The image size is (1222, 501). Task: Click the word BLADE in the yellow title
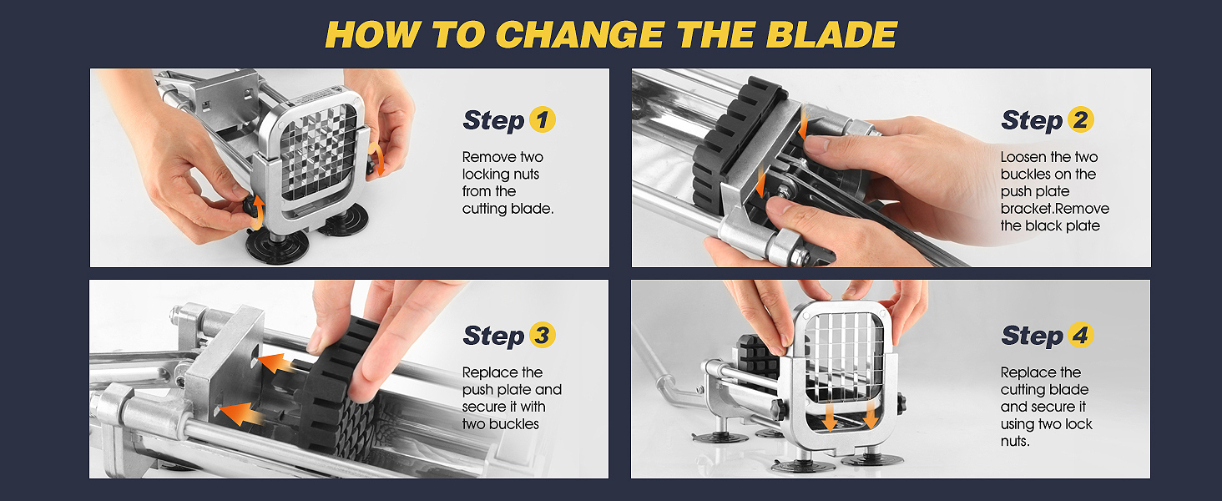pos(831,35)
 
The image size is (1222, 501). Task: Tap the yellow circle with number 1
pos(542,120)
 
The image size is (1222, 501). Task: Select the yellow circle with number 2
pos(1080,120)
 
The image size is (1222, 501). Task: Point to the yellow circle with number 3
pos(542,335)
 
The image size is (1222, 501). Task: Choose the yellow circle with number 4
pos(1080,335)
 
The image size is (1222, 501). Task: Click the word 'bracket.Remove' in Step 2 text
pos(1054,209)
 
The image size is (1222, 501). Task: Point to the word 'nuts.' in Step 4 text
pos(1015,442)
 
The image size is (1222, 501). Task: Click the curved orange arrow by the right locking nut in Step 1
pos(376,159)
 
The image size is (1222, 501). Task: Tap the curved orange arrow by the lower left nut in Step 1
pos(257,214)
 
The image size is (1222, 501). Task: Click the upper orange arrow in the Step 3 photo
pos(278,362)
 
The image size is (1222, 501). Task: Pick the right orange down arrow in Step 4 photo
pos(871,415)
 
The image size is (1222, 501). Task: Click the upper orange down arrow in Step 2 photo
pos(802,124)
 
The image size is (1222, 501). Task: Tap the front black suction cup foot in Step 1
pos(277,246)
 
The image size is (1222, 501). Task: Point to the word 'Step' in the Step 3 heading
pos(493,337)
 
